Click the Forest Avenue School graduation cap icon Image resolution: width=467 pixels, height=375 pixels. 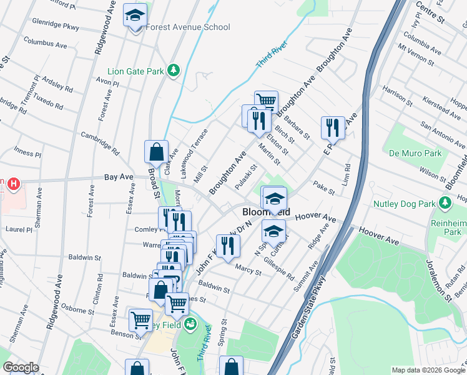tap(134, 15)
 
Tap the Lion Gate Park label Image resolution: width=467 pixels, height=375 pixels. tap(135, 72)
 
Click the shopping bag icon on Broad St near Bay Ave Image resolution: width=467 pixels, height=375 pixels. tap(156, 151)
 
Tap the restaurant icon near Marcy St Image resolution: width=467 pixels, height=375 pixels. tap(228, 246)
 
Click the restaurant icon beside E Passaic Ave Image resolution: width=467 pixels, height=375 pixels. tap(333, 127)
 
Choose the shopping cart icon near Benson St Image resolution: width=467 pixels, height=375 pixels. tap(140, 319)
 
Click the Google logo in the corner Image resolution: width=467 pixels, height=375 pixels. tap(20, 367)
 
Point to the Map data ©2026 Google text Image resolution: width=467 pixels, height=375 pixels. tap(428, 370)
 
